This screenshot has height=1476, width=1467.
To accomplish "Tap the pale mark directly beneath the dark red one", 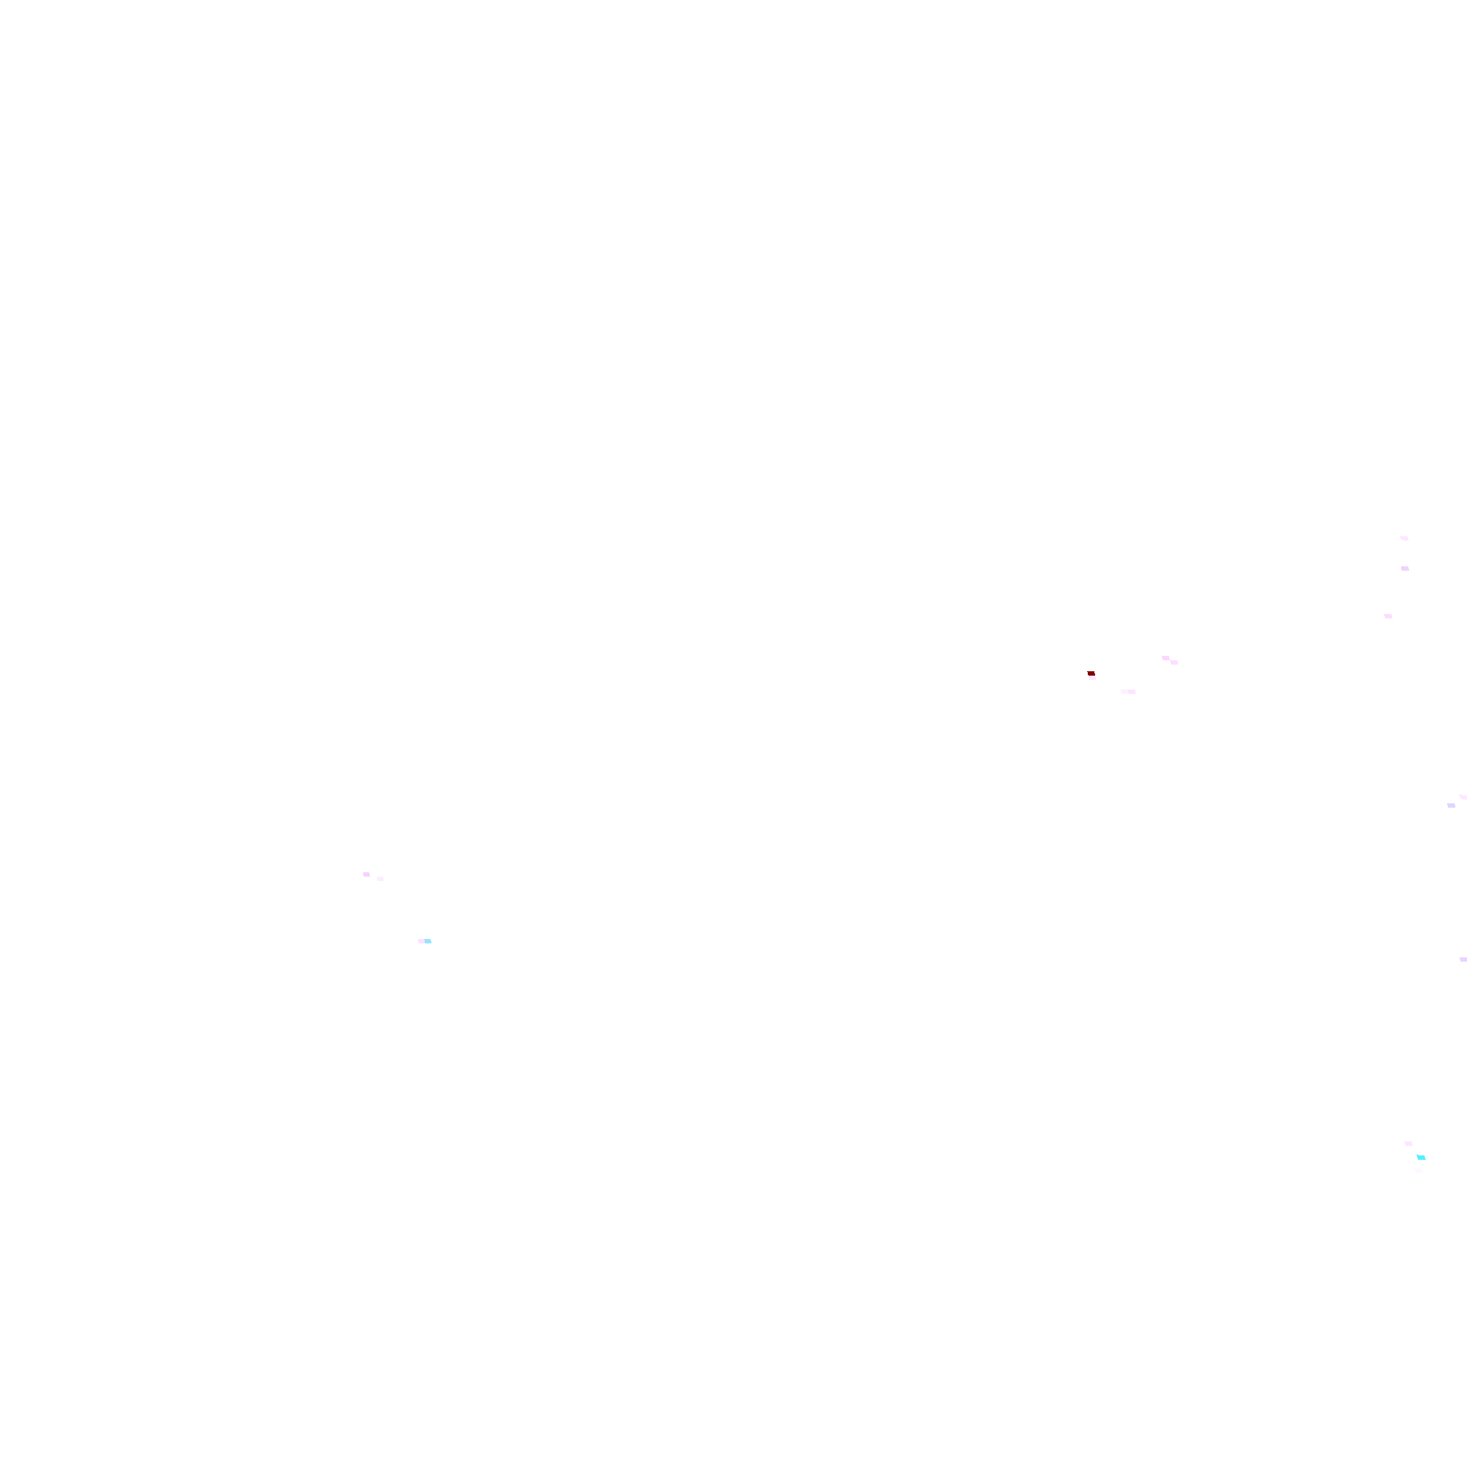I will point(1093,679).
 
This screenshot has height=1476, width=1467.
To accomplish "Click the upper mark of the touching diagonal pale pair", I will point(1166,658).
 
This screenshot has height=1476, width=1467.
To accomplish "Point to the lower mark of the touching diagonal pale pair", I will point(1174,662).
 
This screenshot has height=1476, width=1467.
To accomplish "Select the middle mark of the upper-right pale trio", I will point(1405,569).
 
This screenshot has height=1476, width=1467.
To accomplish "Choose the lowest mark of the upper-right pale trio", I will point(1389,616).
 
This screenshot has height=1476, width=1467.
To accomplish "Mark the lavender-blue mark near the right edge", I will point(1451,805).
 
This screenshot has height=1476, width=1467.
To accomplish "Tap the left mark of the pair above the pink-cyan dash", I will point(367,874).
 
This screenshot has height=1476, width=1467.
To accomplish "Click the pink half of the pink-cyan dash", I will point(422,941).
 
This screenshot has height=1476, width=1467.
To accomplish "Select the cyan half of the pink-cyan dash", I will point(428,941).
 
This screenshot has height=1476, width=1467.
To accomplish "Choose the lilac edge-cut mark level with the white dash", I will point(1463,960).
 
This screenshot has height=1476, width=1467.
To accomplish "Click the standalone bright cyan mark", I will point(1422,1158).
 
